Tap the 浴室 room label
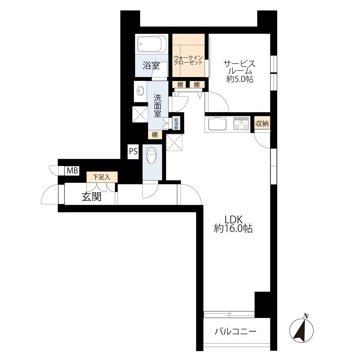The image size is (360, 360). point(151,66)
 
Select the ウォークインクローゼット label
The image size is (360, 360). point(188,60)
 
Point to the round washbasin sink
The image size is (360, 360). point(140,91)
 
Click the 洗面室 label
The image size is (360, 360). point(158,106)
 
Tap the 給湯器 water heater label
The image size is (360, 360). point(176,123)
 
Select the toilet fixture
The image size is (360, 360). point(151,155)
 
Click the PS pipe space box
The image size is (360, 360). point(133,151)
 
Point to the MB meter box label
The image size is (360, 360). point(73,171)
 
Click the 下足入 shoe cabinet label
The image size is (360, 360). point(102,177)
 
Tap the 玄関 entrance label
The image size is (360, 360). point(91,197)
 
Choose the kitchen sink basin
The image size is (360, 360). point(217,124)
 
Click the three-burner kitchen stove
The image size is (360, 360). point(241,124)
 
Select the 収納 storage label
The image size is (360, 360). point(262,124)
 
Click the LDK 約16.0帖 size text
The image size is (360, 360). point(234,224)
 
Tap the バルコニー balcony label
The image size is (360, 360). point(235,332)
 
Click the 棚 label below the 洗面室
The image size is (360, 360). point(155,135)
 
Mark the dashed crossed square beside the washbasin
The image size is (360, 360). point(140,114)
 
